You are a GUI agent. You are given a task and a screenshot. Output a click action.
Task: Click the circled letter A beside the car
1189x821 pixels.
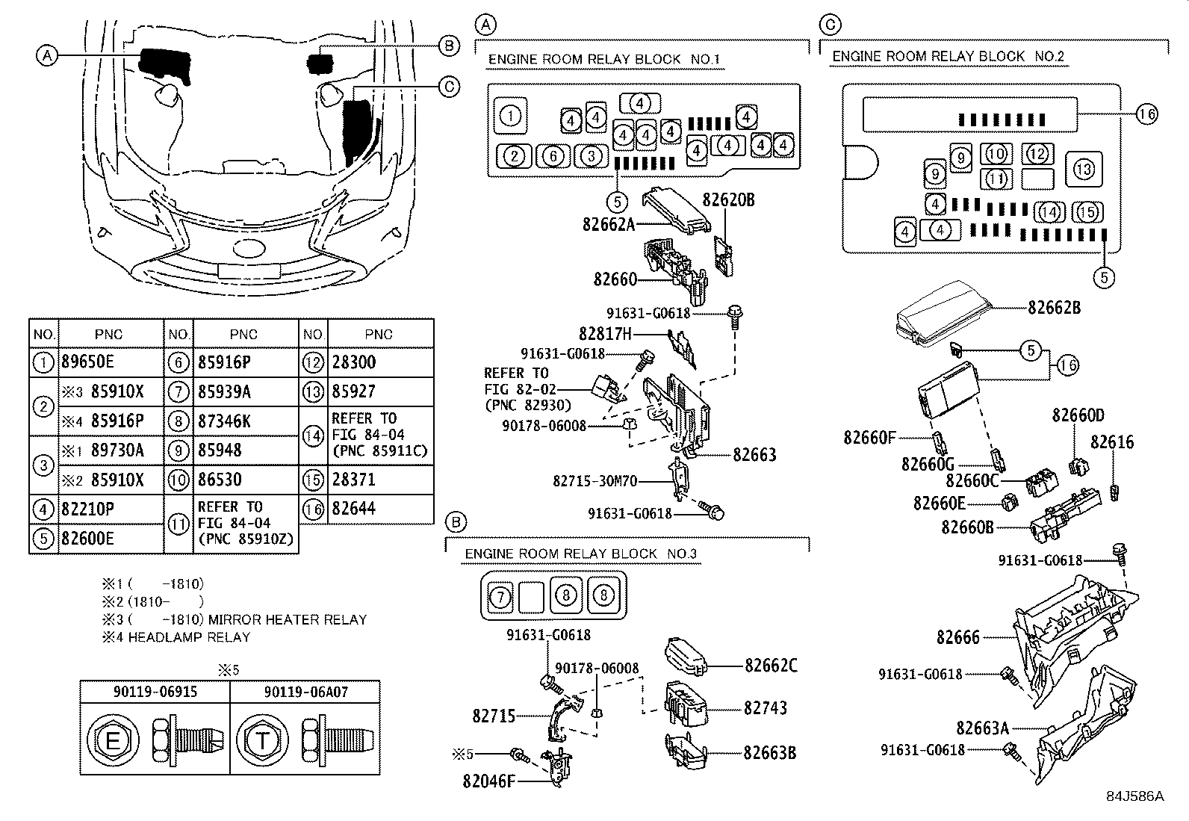point(47,55)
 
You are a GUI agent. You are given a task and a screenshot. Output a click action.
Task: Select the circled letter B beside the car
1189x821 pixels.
point(449,46)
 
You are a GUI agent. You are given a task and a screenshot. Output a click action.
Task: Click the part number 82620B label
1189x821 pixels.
point(728,200)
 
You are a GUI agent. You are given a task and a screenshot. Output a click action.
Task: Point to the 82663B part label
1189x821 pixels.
point(769,752)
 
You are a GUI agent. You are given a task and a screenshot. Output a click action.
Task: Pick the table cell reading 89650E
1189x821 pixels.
point(94,362)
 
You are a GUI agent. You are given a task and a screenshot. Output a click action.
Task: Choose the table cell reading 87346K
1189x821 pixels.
point(225,421)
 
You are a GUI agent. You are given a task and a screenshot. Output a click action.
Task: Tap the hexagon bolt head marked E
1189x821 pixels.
point(113,741)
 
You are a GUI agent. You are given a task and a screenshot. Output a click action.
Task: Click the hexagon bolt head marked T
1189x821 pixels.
point(262,741)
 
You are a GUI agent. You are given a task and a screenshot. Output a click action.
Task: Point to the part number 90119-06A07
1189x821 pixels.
point(305,692)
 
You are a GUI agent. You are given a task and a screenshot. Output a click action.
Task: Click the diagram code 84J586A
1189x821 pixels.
point(1135,796)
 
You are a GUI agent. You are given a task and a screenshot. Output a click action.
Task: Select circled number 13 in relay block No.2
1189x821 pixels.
point(1084,170)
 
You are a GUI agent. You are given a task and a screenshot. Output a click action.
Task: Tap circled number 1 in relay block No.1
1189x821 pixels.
point(510,116)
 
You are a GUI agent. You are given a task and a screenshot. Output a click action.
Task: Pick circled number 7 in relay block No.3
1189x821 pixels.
point(498,596)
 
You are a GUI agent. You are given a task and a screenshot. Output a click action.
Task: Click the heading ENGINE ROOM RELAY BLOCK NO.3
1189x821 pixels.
point(580,554)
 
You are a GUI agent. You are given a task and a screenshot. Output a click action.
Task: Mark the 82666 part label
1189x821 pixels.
point(957,637)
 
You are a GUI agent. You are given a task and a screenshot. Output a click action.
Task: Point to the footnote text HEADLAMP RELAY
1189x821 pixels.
point(189,637)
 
